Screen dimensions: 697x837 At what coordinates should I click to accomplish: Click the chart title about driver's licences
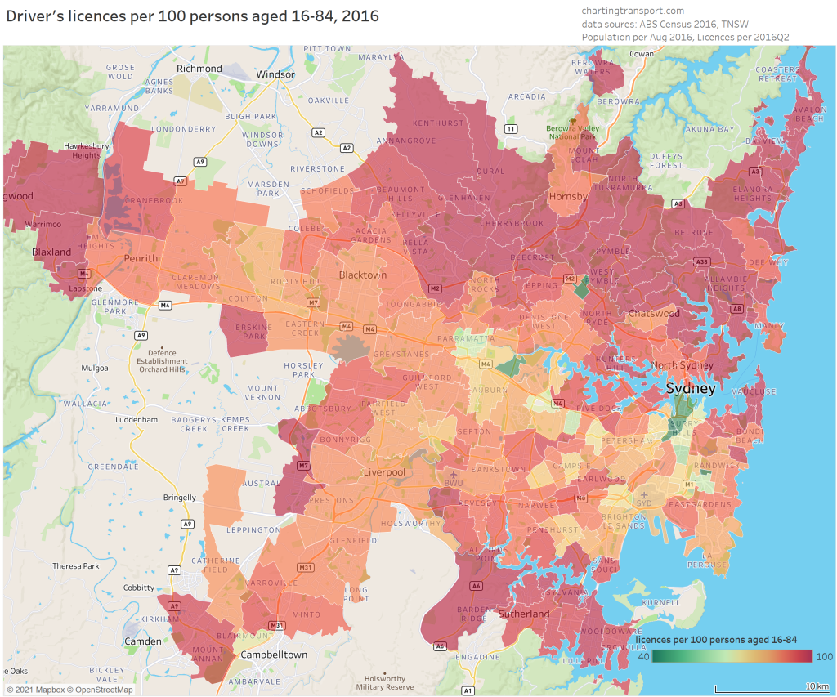193,16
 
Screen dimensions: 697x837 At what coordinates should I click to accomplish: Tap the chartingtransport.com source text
633,11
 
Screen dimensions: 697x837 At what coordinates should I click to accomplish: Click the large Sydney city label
691,388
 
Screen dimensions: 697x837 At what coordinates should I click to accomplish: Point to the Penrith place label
141,258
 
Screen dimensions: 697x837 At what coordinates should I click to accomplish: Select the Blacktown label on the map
363,275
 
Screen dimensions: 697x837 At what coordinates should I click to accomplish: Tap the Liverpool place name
383,473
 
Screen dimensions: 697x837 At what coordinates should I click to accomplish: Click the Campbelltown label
274,655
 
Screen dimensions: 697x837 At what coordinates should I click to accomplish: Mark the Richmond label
199,69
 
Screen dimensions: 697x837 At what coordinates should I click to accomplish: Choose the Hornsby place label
568,197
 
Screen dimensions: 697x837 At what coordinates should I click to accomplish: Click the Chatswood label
654,314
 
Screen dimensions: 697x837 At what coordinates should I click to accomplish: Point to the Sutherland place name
524,614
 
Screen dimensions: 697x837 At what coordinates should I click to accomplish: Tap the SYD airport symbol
644,495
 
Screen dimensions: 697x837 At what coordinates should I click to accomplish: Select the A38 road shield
700,262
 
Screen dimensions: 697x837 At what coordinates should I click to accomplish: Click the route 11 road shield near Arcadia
511,129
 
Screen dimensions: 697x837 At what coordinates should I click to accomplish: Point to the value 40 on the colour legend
643,656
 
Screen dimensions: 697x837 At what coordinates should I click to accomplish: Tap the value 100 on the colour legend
824,656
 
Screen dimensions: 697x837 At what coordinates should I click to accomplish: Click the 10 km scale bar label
817,685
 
